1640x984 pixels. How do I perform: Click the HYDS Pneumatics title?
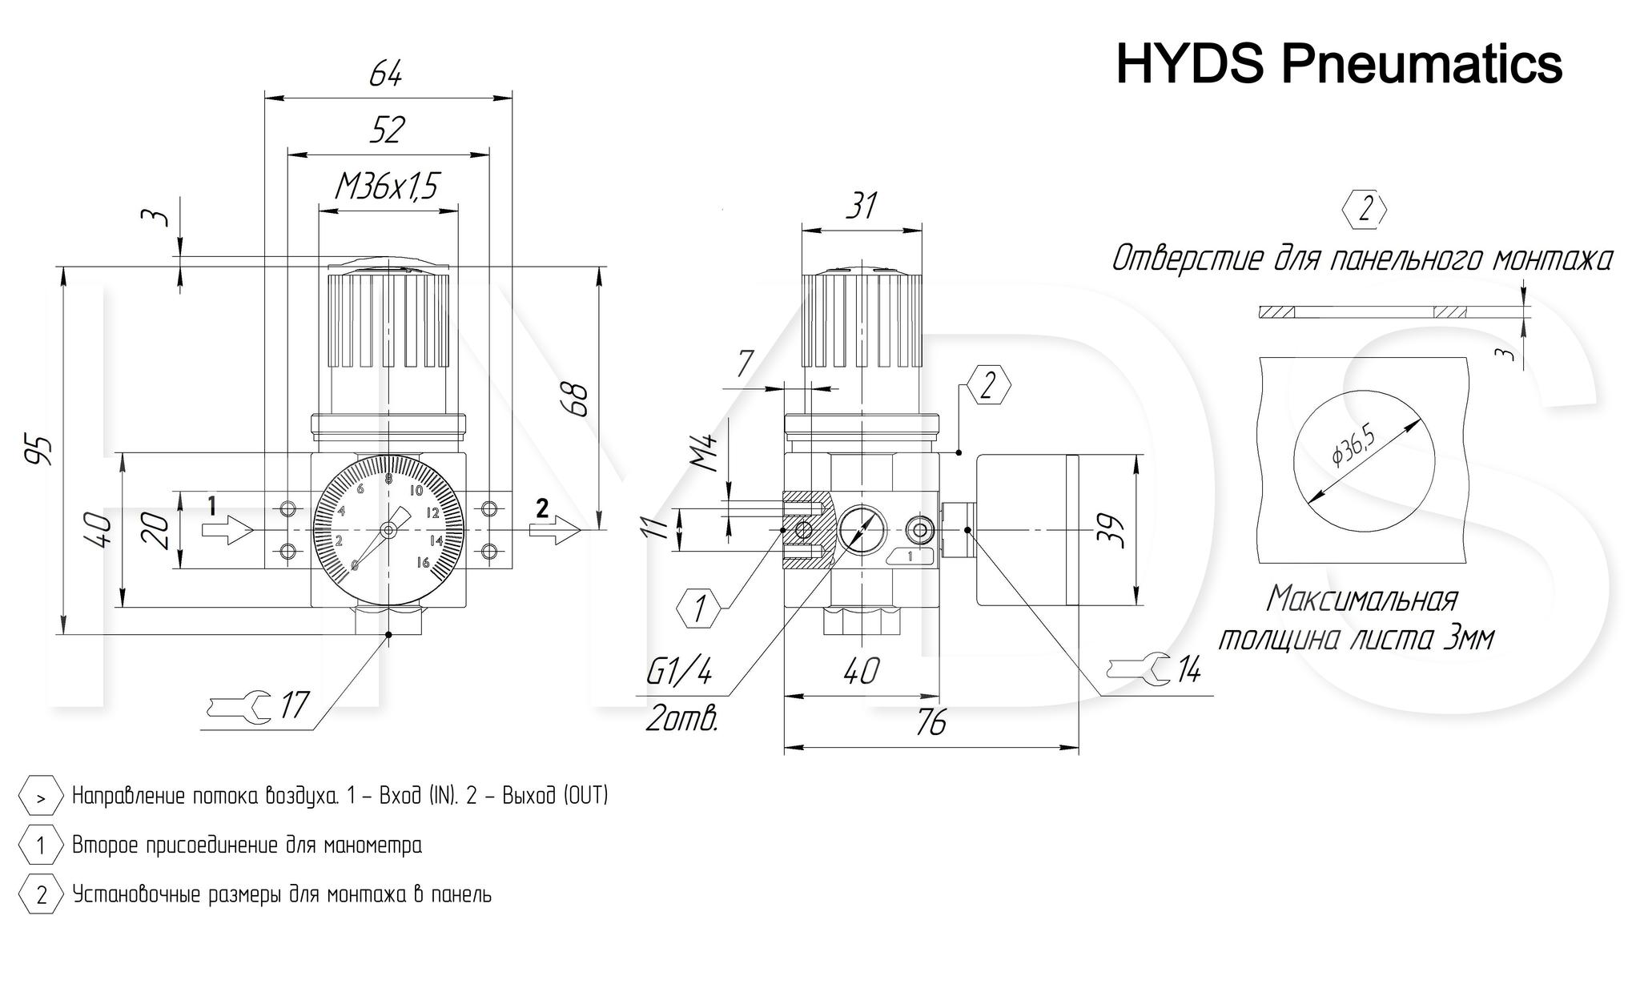[x=1339, y=63]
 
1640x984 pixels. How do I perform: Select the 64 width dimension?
[x=386, y=74]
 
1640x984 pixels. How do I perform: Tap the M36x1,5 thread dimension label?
[x=387, y=187]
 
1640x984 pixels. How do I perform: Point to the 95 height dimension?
[x=38, y=450]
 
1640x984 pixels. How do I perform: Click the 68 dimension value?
[x=576, y=400]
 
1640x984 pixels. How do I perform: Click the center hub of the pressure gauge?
[x=388, y=529]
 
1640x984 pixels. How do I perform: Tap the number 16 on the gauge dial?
[x=424, y=563]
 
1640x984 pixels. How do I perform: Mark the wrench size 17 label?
[x=294, y=705]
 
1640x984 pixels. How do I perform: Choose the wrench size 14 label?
[x=1188, y=669]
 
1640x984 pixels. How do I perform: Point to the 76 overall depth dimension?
[x=931, y=723]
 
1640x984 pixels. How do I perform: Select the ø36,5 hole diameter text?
[x=1353, y=445]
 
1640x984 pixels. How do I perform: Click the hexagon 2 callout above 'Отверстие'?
[x=1365, y=210]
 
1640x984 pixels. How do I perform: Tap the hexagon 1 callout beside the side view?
[x=701, y=608]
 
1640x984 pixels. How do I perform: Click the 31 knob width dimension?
[x=862, y=206]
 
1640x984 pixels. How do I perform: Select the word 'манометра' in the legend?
[x=375, y=845]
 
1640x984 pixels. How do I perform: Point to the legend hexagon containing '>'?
[x=41, y=797]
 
